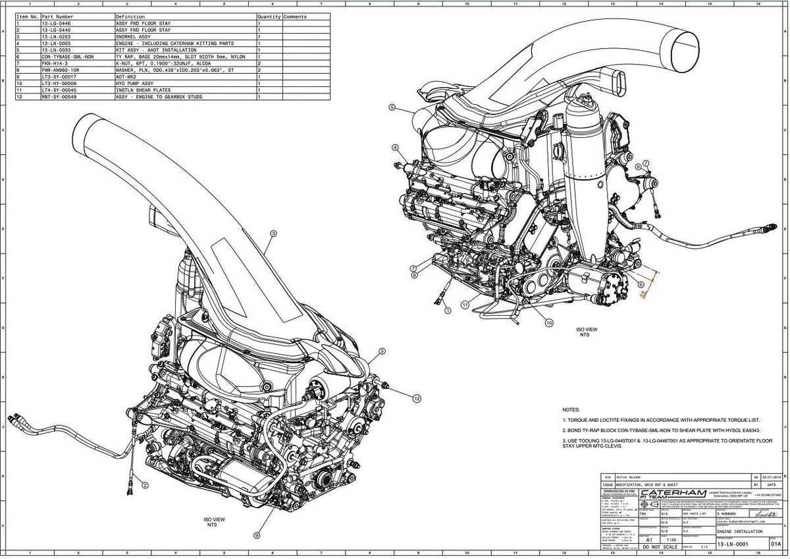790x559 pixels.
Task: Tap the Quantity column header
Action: pyautogui.click(x=269, y=16)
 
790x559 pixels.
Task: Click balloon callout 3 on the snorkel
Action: pyautogui.click(x=272, y=233)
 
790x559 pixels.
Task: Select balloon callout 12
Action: pyautogui.click(x=416, y=398)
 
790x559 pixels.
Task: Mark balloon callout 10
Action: pyautogui.click(x=549, y=322)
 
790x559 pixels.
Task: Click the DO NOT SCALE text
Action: pyautogui.click(x=660, y=547)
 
